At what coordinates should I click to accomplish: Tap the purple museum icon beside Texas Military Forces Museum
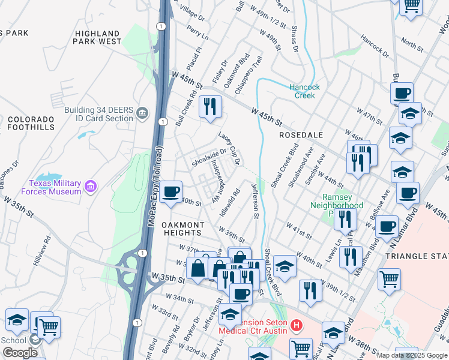click(91, 187)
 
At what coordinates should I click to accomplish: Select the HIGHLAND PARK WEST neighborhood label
click(97, 38)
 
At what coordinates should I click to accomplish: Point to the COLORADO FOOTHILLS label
click(31, 123)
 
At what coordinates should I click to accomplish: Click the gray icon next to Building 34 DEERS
click(142, 113)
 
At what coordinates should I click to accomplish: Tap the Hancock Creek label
click(305, 91)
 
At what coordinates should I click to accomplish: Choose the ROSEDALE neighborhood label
click(301, 136)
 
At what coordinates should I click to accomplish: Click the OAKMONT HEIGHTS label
click(182, 229)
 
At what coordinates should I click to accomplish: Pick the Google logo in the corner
click(20, 353)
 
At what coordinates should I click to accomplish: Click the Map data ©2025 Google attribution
click(411, 355)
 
